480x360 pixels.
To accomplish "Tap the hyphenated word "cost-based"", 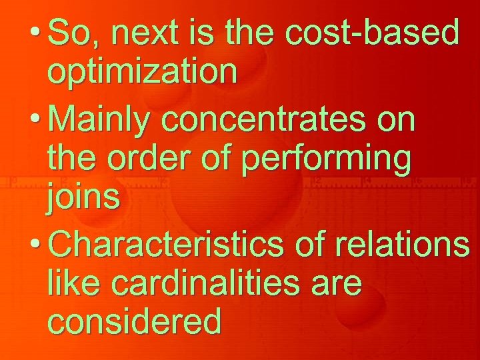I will pyautogui.click(x=371, y=32).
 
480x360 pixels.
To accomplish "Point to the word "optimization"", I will pyautogui.click(x=142, y=73).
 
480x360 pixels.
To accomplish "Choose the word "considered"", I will pyautogui.click(x=134, y=323).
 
